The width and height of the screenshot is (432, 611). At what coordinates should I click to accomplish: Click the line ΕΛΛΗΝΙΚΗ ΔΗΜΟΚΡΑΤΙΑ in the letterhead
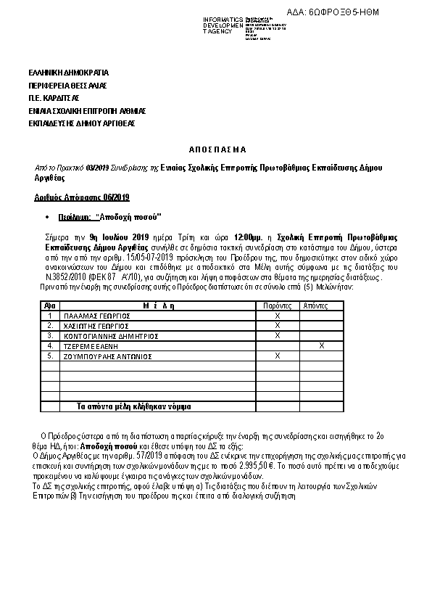[68, 73]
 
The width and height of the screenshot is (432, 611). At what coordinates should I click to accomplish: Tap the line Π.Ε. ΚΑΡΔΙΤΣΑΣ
[54, 98]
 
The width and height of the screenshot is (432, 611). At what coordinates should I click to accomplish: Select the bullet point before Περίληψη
[47, 217]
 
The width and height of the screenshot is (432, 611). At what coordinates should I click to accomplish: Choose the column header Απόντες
[315, 306]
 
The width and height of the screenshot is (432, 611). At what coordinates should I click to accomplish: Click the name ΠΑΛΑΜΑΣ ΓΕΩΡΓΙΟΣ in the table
[96, 316]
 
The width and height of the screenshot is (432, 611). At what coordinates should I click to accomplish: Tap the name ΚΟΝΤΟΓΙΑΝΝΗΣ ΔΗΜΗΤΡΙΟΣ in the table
[111, 336]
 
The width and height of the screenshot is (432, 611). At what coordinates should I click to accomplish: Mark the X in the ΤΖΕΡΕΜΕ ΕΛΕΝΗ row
[321, 346]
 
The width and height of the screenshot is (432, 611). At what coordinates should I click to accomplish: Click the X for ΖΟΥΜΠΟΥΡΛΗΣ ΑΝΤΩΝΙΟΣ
[278, 356]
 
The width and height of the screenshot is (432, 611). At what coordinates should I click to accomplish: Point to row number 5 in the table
[50, 356]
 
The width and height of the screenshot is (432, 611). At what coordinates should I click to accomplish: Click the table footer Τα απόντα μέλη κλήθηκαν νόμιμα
[134, 406]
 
